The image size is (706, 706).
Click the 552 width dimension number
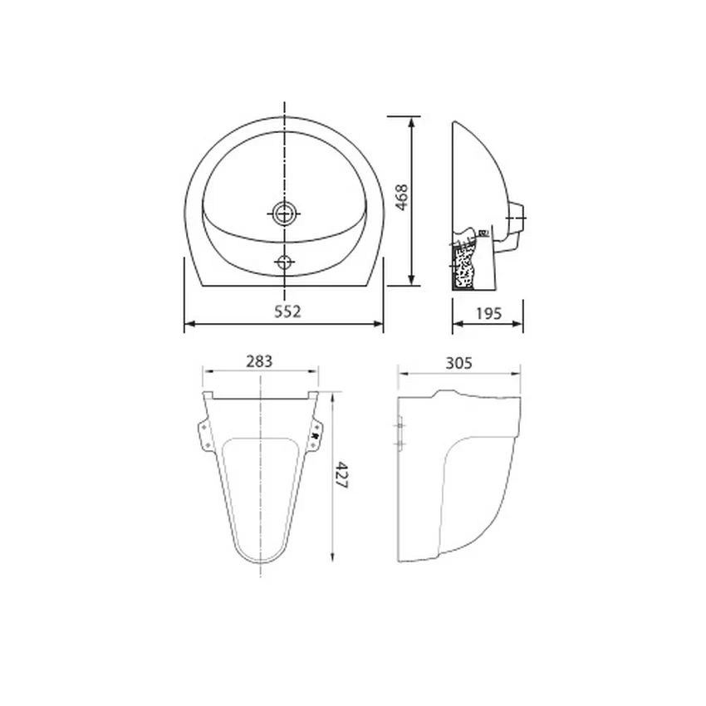287,311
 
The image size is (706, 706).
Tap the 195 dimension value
488,313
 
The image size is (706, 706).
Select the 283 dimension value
259,361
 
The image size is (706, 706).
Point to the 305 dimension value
458,362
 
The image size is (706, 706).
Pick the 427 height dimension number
341,474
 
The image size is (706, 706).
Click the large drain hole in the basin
284,213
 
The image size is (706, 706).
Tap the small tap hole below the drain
284,262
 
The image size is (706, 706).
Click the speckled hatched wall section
463,267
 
